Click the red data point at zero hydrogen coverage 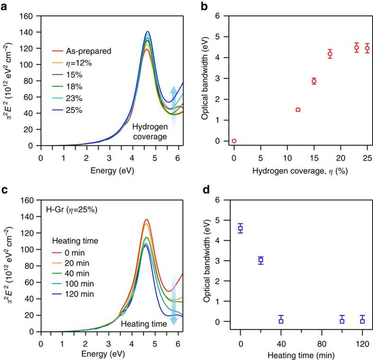pos(234,141)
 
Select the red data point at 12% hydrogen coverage pos(298,109)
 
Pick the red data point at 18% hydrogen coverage pos(330,54)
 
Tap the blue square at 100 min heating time pos(342,321)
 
